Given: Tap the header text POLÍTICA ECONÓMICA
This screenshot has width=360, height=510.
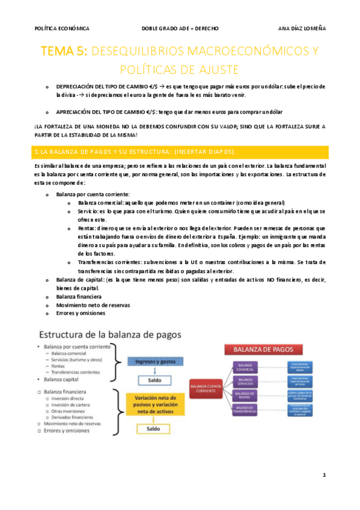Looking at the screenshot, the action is pyautogui.click(x=62, y=28).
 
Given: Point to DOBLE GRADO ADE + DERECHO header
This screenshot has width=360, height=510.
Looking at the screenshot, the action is pyautogui.click(x=180, y=28).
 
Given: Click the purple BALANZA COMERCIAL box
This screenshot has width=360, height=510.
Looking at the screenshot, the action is pyautogui.click(x=246, y=366).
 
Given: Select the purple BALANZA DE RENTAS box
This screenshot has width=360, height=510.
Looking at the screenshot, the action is pyautogui.click(x=246, y=395).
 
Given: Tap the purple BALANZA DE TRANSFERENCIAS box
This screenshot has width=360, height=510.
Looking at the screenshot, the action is pyautogui.click(x=246, y=410).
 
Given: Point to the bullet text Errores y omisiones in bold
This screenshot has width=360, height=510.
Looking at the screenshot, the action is pyautogui.click(x=80, y=313).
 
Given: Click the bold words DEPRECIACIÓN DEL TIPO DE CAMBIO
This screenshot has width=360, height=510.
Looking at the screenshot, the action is pyautogui.click(x=96, y=87).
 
